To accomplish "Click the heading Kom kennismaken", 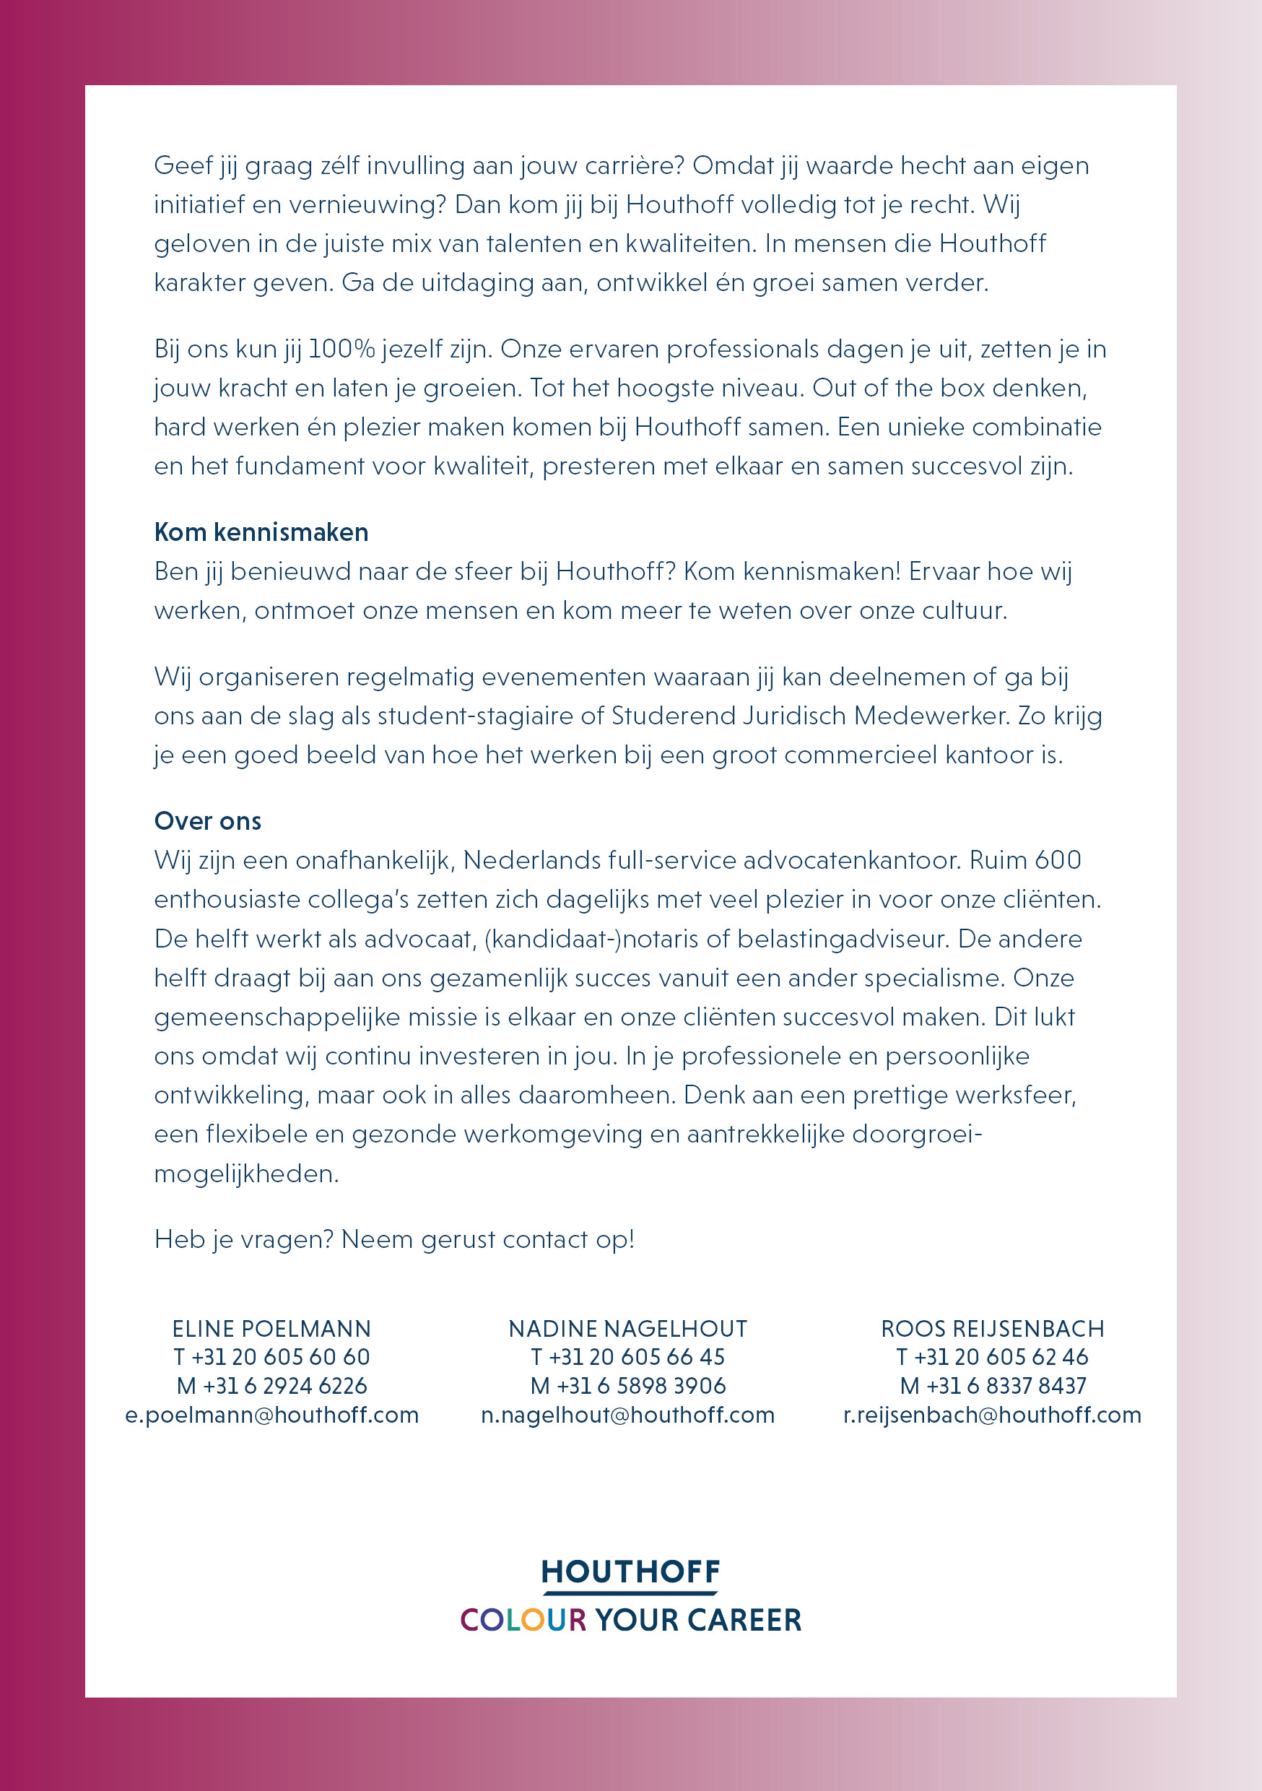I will click(x=261, y=532).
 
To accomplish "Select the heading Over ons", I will click(x=207, y=820).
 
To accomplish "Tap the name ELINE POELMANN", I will click(x=271, y=1328).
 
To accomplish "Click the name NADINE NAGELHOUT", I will click(x=628, y=1328).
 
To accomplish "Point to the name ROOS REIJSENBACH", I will click(x=992, y=1328).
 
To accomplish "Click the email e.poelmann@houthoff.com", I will click(x=271, y=1415).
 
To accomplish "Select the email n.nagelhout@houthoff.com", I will click(x=628, y=1415).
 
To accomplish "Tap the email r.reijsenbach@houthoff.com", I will click(x=992, y=1415).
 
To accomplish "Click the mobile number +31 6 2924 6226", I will click(x=284, y=1386).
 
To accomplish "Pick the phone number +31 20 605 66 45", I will click(x=637, y=1357).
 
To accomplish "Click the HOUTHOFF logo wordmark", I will click(x=630, y=1571).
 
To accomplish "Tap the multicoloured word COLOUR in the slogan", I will click(x=523, y=1620).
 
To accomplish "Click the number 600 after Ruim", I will click(x=1058, y=859).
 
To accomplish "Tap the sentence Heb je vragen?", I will click(x=244, y=1239).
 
